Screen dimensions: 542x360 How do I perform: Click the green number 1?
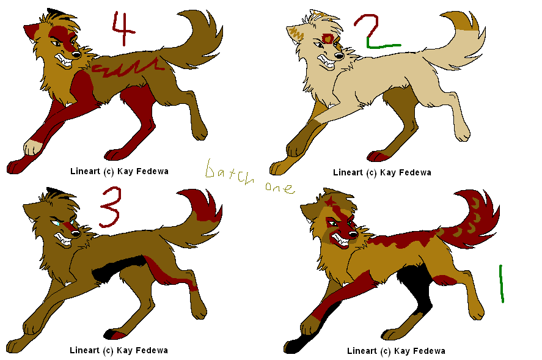point(502,284)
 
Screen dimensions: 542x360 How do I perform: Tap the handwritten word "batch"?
point(230,172)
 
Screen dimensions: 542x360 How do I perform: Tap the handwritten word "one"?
point(280,188)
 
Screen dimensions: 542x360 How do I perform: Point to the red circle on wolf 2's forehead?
point(328,39)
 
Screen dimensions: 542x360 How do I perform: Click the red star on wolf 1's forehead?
point(329,201)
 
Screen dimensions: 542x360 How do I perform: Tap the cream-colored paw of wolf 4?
point(32,147)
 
